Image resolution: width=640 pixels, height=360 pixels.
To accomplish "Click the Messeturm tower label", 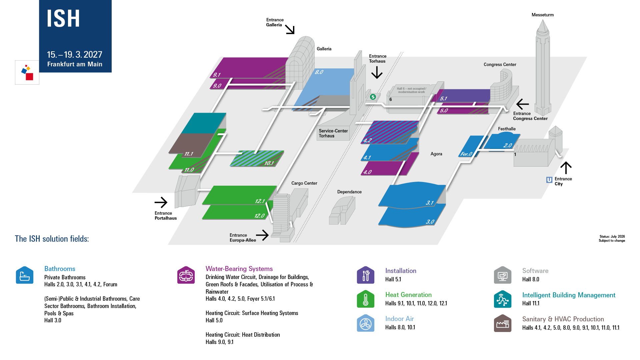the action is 542,15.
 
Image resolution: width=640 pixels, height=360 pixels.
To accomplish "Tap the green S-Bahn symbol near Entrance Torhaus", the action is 373,97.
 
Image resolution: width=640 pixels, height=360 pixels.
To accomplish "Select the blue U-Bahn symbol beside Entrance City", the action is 549,180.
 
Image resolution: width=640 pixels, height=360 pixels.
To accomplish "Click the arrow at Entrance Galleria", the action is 290,30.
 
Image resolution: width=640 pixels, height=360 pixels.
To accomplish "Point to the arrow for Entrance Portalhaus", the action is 161,202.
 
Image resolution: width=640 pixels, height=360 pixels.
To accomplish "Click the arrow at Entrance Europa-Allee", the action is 262,235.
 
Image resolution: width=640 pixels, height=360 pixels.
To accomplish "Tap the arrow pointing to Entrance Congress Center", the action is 523,104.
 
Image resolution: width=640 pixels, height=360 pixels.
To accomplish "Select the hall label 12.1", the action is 260,201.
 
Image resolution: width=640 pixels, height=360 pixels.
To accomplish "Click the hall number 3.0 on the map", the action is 430,222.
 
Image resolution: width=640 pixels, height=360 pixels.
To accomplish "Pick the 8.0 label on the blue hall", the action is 319,72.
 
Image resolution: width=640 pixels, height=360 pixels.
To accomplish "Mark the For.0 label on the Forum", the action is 466,154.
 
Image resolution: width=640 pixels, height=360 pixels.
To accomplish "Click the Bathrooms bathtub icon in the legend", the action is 25,275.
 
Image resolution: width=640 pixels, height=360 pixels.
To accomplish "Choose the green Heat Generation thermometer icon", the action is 366,299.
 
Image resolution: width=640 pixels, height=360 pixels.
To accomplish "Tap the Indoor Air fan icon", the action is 366,323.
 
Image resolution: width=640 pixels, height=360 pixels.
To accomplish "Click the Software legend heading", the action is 535,271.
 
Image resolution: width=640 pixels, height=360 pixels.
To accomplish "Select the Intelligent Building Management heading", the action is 569,295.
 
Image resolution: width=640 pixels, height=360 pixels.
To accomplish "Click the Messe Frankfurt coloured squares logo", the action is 27,72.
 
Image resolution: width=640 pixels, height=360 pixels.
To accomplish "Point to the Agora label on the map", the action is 436,154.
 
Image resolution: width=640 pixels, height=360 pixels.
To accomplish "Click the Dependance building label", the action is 349,192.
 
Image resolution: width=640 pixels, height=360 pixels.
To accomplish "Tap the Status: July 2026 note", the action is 612,236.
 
